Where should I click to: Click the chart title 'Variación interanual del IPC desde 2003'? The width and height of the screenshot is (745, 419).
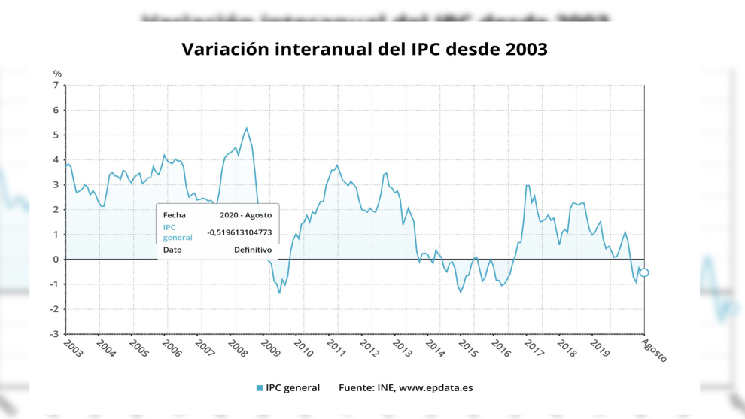pos(364,50)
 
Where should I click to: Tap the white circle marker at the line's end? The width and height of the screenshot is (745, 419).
pos(643,272)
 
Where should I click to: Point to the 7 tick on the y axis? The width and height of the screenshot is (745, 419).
pos(55,86)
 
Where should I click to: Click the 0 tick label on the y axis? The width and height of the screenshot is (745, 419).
pos(55,260)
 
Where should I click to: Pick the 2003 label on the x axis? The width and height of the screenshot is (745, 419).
pos(73,348)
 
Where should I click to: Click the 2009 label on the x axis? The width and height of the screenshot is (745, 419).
pos(271,348)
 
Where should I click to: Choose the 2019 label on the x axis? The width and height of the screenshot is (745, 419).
pos(600,348)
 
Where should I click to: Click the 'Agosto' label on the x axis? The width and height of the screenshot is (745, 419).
pos(653,350)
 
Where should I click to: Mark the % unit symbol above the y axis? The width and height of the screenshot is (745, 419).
pos(57,74)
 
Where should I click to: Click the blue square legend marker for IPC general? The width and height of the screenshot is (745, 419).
pos(260,388)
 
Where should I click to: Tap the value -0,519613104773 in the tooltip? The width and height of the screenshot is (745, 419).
pos(239,232)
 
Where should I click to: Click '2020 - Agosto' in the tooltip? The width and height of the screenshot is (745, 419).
pos(245,215)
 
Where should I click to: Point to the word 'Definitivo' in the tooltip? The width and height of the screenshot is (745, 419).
pos(253,250)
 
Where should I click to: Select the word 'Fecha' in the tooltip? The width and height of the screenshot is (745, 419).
pos(174,215)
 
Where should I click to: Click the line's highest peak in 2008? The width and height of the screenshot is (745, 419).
pos(246,128)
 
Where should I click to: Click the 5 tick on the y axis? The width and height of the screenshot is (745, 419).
pos(55,135)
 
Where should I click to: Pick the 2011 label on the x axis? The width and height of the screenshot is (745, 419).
pos(336,348)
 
